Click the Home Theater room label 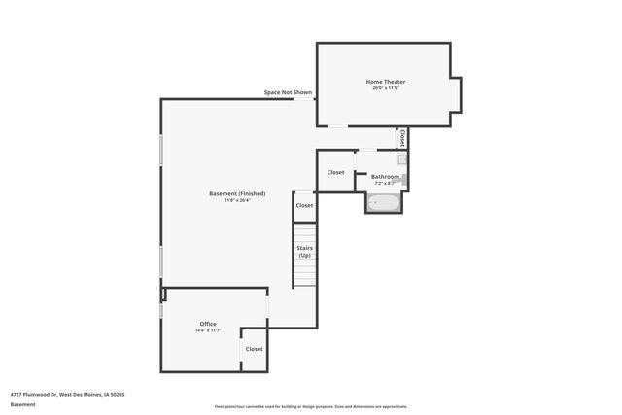click(x=385, y=81)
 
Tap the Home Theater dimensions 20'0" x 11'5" click(x=385, y=88)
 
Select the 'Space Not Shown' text click(x=288, y=92)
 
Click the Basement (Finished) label click(x=237, y=193)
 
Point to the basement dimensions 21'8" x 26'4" click(x=237, y=201)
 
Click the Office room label click(x=208, y=324)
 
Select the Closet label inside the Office click(x=254, y=349)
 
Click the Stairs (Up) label click(x=304, y=251)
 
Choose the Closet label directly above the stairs click(x=304, y=205)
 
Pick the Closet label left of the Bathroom click(x=335, y=172)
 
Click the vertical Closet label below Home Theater click(x=401, y=138)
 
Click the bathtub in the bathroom click(x=381, y=203)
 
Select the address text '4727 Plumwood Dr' click(x=33, y=394)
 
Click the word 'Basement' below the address click(x=22, y=404)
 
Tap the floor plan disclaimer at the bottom click(x=311, y=406)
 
